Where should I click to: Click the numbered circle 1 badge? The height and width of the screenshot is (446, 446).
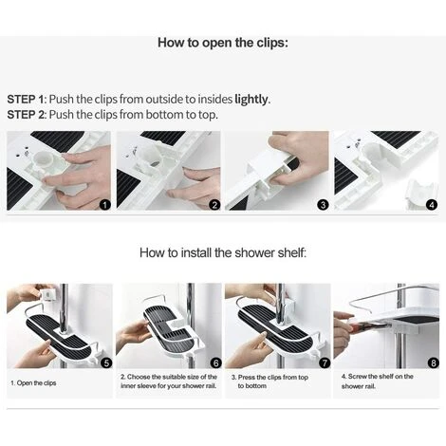(105, 205)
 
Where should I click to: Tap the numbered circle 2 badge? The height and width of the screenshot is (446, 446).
(214, 205)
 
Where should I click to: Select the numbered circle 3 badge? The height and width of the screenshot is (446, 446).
(323, 205)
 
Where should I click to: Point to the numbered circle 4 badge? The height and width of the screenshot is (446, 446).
(432, 205)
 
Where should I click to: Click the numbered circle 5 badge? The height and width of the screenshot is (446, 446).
(106, 362)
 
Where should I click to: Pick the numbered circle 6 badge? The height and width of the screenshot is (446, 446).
(216, 362)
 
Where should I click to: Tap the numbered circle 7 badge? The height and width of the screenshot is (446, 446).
(325, 362)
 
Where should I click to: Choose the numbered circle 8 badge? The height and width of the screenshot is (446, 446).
(434, 362)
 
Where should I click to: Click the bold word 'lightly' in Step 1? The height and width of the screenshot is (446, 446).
(251, 100)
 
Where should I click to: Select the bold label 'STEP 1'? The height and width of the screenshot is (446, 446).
(25, 100)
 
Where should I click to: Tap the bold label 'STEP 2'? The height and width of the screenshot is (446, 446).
(26, 115)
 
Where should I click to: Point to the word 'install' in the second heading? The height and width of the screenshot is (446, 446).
(195, 252)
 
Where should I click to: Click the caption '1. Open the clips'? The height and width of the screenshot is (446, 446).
(33, 383)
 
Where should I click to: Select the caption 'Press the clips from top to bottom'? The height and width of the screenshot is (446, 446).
(269, 381)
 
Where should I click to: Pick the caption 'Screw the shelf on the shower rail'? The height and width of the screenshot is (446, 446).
(378, 381)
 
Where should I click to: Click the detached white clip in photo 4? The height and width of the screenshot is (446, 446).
(420, 192)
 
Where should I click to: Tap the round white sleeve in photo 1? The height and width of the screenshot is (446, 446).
(44, 161)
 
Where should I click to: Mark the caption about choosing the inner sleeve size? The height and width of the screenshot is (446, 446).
(169, 381)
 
